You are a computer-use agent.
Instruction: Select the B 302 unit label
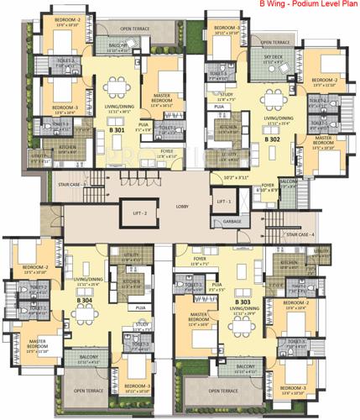click(x=273, y=139)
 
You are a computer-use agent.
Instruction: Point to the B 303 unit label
click(x=243, y=300)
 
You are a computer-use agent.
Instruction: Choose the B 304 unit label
click(x=84, y=299)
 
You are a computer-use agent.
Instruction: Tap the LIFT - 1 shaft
click(x=222, y=202)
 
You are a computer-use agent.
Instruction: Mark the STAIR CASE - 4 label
click(x=301, y=234)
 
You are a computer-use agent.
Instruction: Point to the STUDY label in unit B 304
click(x=141, y=323)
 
